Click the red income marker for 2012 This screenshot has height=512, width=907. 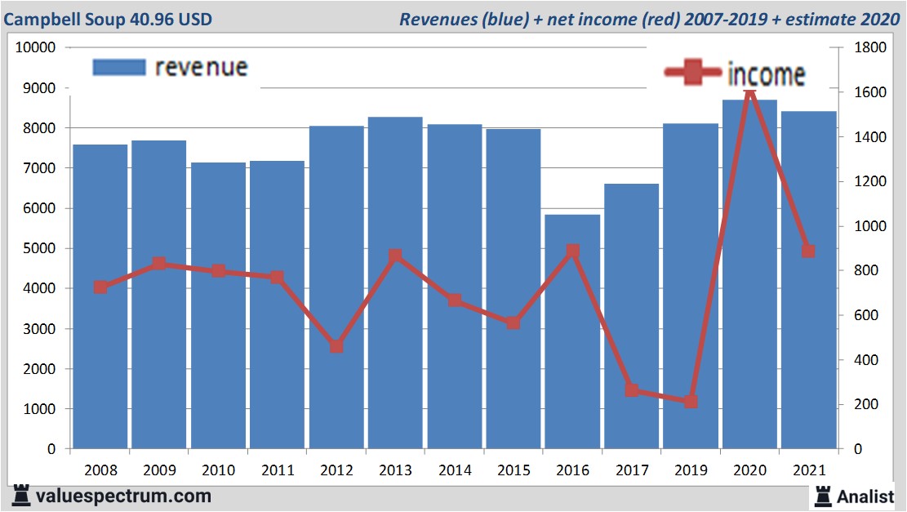pos(336,345)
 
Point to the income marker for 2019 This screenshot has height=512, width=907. pos(691,401)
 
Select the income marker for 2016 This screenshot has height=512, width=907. pos(572,252)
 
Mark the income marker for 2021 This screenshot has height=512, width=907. pos(808,251)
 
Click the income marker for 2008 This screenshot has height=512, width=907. pos(100,287)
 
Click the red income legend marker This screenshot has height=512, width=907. pos(693,73)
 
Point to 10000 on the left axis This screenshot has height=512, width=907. pos(36,47)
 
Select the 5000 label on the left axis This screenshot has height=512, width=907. pos(39,248)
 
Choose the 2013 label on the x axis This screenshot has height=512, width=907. pos(395,470)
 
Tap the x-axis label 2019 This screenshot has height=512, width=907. pos(691,470)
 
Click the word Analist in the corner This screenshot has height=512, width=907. pos(865,496)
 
